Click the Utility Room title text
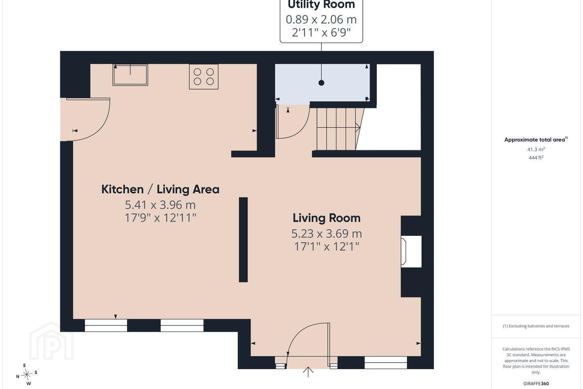[x=321, y=4]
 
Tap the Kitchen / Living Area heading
[x=160, y=189]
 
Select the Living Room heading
[x=327, y=218]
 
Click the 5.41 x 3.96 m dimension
[x=160, y=205]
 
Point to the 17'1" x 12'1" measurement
[x=327, y=246]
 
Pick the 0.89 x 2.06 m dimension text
[x=321, y=19]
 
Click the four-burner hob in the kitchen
[x=204, y=77]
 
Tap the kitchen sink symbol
[x=130, y=75]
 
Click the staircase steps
[x=338, y=129]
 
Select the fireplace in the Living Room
[x=411, y=251]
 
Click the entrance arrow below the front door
[x=308, y=372]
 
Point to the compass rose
[x=27, y=375]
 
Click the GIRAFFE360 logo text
[x=536, y=383]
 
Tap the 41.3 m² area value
[x=536, y=149]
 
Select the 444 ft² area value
[x=536, y=158]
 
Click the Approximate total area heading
[x=536, y=140]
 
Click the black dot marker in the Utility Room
[x=321, y=83]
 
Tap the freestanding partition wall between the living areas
[x=243, y=240]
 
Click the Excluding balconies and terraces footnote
[x=536, y=326]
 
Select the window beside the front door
[x=386, y=363]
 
